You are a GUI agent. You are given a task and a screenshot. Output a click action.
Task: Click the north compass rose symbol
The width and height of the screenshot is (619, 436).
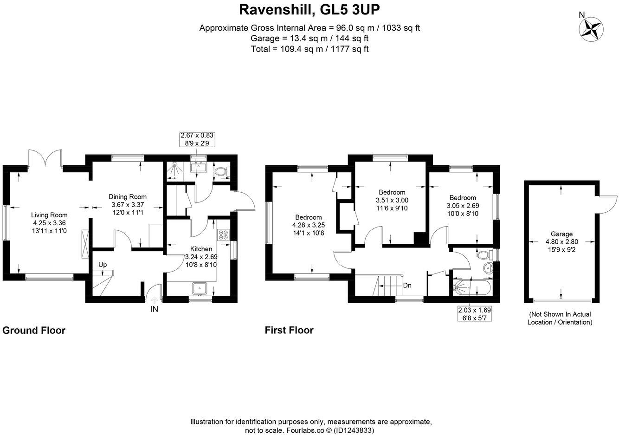click(592, 29)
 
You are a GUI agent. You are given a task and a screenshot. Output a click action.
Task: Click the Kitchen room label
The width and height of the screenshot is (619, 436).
click(201, 249)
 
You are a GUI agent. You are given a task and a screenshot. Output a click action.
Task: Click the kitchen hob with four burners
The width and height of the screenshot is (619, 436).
click(223, 235)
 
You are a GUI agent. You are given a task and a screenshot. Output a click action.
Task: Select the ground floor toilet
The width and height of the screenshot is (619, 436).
click(222, 171)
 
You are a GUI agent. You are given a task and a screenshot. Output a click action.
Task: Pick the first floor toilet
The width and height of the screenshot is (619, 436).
click(485, 255)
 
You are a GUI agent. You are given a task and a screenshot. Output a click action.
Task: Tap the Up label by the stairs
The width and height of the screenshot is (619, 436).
click(103, 265)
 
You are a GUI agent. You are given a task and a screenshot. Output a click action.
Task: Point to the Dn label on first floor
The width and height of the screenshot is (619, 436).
click(407, 286)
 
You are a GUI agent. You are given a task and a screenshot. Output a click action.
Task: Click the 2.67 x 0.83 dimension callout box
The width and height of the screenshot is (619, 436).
click(197, 140)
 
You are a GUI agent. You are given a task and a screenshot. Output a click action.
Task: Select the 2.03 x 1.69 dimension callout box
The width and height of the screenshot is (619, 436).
click(474, 314)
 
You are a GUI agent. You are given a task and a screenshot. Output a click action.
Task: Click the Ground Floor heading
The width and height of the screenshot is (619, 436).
click(34, 331)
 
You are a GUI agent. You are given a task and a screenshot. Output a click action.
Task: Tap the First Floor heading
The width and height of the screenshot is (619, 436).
click(289, 331)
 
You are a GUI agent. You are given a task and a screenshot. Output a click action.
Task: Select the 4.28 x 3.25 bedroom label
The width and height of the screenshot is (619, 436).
click(309, 225)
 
